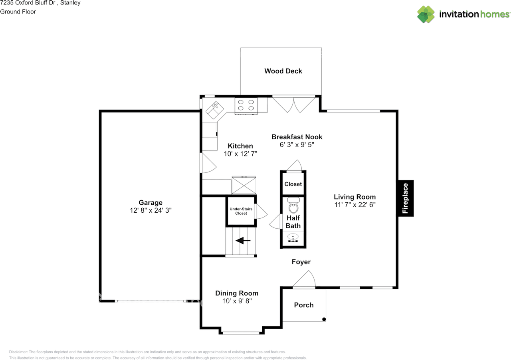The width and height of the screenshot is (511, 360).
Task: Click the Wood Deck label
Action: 283,71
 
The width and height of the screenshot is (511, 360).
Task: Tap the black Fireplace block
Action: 406,198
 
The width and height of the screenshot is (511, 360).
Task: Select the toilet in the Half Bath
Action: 293,205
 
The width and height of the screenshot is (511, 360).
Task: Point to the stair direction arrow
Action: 243,240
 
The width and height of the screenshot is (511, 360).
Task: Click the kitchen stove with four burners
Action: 246,106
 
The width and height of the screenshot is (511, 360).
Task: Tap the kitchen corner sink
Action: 214,110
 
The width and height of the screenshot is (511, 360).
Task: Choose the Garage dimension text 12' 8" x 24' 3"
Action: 151,210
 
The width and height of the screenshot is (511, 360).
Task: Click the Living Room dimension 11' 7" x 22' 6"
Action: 355,205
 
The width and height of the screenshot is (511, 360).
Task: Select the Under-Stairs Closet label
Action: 241,211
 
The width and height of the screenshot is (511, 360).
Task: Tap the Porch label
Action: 304,305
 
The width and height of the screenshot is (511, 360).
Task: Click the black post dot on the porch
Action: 324,319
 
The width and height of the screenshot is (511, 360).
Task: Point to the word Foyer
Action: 301,262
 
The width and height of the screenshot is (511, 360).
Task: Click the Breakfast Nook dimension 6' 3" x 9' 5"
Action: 297,144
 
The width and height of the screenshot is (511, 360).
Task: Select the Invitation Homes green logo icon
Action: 426,14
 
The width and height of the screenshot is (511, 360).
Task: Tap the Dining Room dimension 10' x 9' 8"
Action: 237,301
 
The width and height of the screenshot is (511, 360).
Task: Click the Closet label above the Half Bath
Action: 293,184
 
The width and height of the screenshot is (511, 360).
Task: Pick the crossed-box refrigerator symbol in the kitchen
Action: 244,185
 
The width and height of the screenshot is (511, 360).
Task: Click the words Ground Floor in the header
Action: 18,12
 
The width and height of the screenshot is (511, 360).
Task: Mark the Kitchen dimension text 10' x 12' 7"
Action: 240,154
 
